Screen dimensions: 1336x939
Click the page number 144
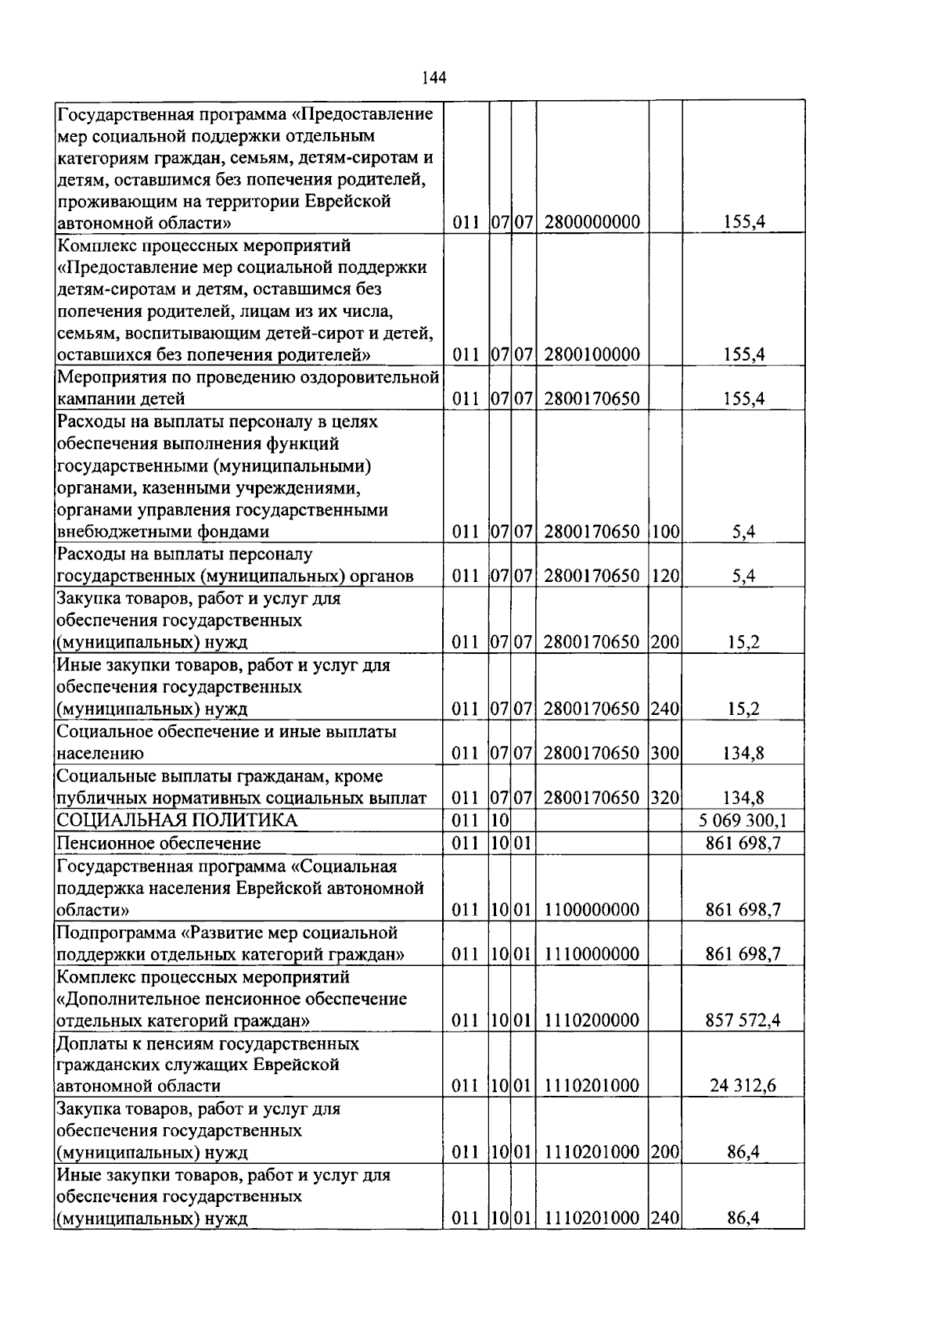[434, 77]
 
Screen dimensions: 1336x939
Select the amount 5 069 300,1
[743, 821]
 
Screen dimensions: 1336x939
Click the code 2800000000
[592, 222]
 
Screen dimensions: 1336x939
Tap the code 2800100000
[592, 355]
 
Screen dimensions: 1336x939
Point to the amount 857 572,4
[743, 1020]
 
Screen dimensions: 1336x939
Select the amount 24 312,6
[743, 1086]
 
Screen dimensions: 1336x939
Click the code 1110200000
[592, 1020]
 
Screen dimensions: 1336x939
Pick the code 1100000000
[592, 910]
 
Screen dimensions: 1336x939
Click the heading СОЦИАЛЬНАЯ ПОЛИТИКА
[178, 821]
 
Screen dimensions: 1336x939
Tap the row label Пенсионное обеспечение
[159, 843]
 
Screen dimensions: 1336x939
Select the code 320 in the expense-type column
[664, 799]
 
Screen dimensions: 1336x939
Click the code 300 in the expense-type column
[664, 754]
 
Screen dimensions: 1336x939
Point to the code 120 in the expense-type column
[664, 576]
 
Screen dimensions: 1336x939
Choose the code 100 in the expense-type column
[664, 532]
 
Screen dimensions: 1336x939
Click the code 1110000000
[592, 954]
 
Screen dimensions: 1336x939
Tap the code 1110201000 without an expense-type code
[592, 1086]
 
